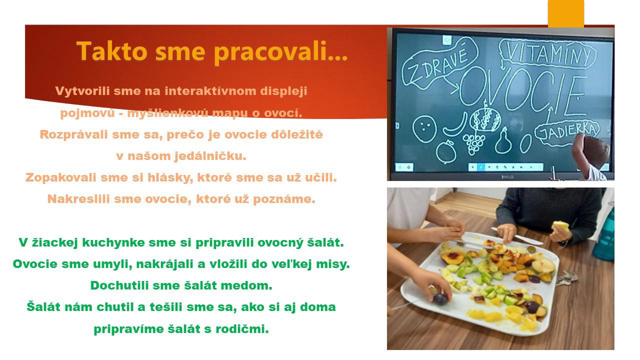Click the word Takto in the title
(x=112, y=51)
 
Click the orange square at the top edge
(x=565, y=13)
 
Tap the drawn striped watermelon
(x=485, y=119)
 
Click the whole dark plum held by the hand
(x=440, y=298)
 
